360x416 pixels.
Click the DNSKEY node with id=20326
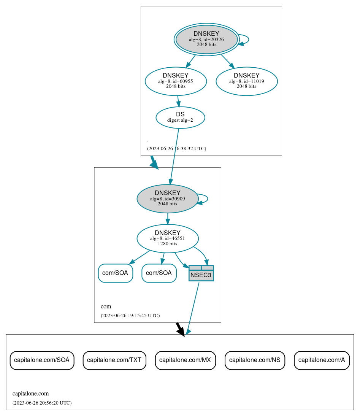(x=206, y=39)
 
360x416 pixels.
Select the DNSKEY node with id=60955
(x=176, y=81)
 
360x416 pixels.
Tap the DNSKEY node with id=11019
(x=246, y=81)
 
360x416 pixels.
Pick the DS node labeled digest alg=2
(x=180, y=117)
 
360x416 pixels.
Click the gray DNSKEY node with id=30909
(x=167, y=198)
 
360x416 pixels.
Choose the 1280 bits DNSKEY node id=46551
(x=167, y=238)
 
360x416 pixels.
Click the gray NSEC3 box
(x=201, y=273)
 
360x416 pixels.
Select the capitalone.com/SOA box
(x=42, y=360)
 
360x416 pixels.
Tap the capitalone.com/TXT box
(x=114, y=360)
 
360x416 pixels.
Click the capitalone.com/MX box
(x=185, y=360)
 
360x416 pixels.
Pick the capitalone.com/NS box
(x=255, y=360)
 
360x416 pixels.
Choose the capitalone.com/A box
(x=322, y=360)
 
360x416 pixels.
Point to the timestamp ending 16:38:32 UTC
(x=176, y=149)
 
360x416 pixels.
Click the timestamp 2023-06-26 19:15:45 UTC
(x=130, y=316)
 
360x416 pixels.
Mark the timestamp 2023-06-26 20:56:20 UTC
(x=42, y=403)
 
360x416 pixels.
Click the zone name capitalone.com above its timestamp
(x=30, y=394)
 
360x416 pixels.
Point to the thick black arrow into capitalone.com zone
(x=180, y=329)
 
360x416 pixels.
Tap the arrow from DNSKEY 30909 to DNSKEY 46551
(x=168, y=219)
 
